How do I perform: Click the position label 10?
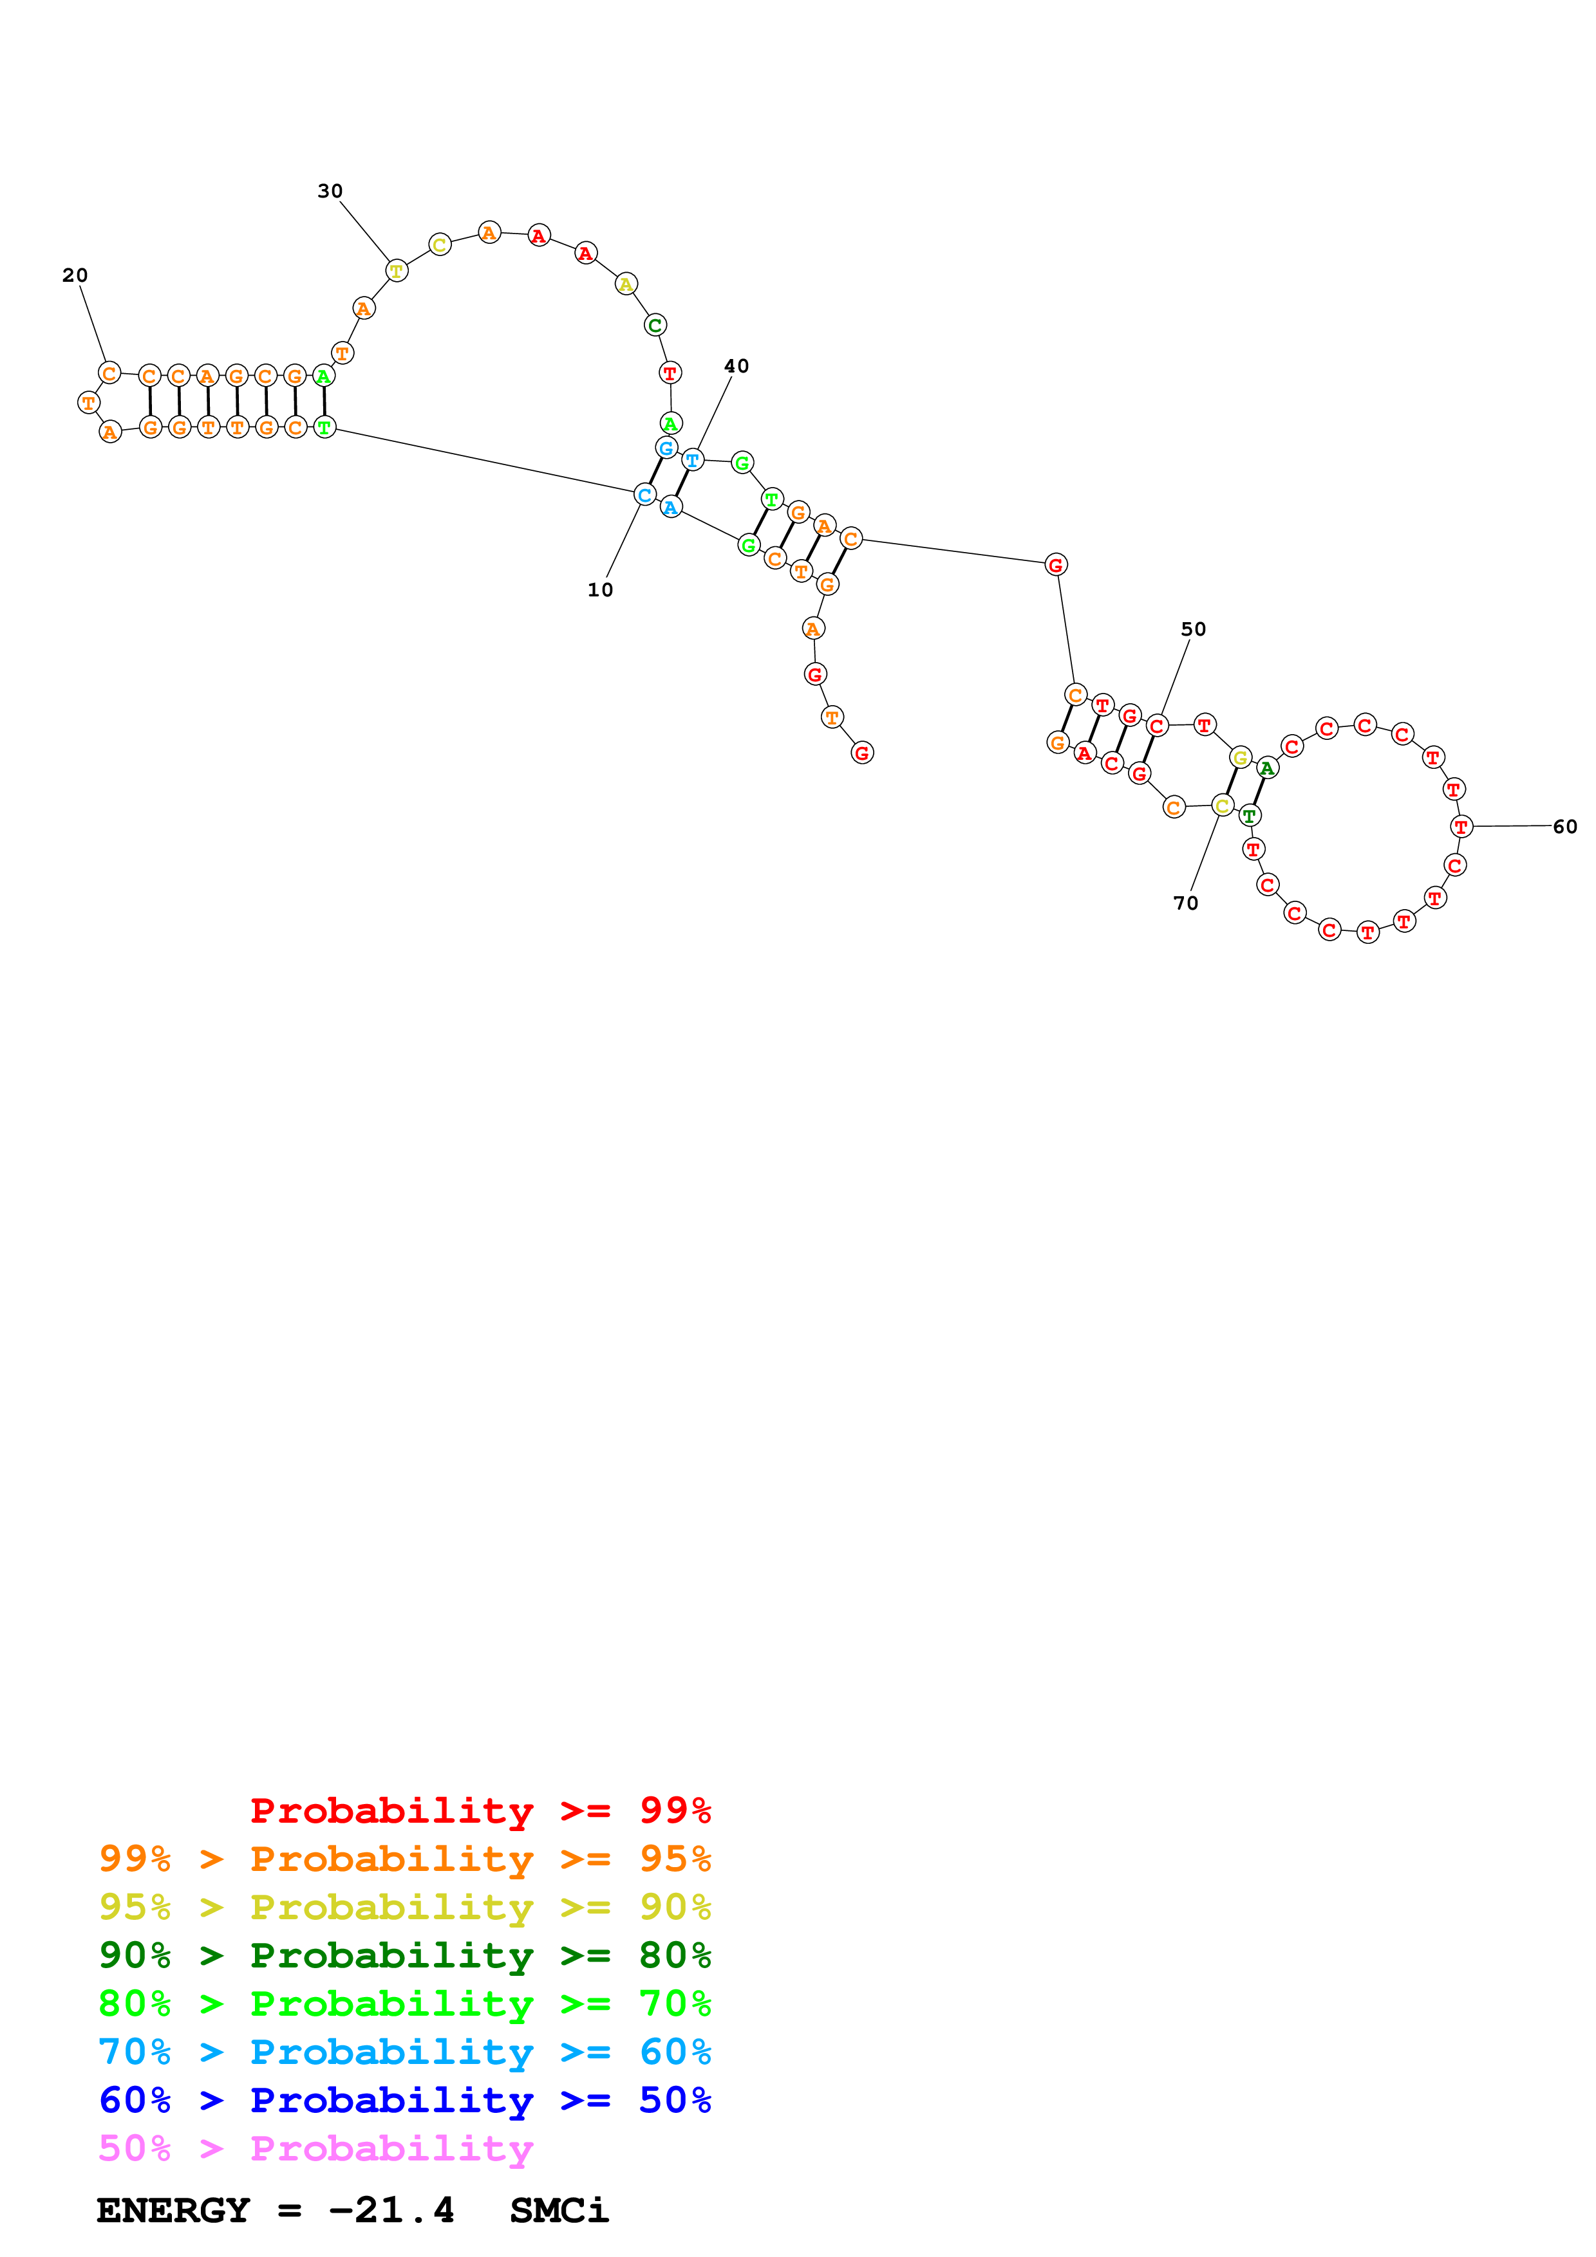click(x=600, y=590)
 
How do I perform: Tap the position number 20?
click(x=75, y=275)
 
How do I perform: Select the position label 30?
click(x=330, y=190)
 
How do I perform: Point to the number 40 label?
click(x=737, y=365)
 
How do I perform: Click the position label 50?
click(x=1193, y=629)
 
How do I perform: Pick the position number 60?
click(x=1564, y=827)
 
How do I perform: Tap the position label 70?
click(x=1186, y=903)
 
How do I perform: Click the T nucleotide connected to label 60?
click(x=1461, y=827)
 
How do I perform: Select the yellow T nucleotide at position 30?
click(x=397, y=270)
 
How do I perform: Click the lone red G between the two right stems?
click(x=1055, y=564)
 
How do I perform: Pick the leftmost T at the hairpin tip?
click(x=88, y=402)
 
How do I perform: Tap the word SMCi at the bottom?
click(x=559, y=2211)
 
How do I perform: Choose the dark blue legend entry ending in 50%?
click(x=404, y=2101)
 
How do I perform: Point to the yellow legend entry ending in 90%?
click(x=404, y=1907)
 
